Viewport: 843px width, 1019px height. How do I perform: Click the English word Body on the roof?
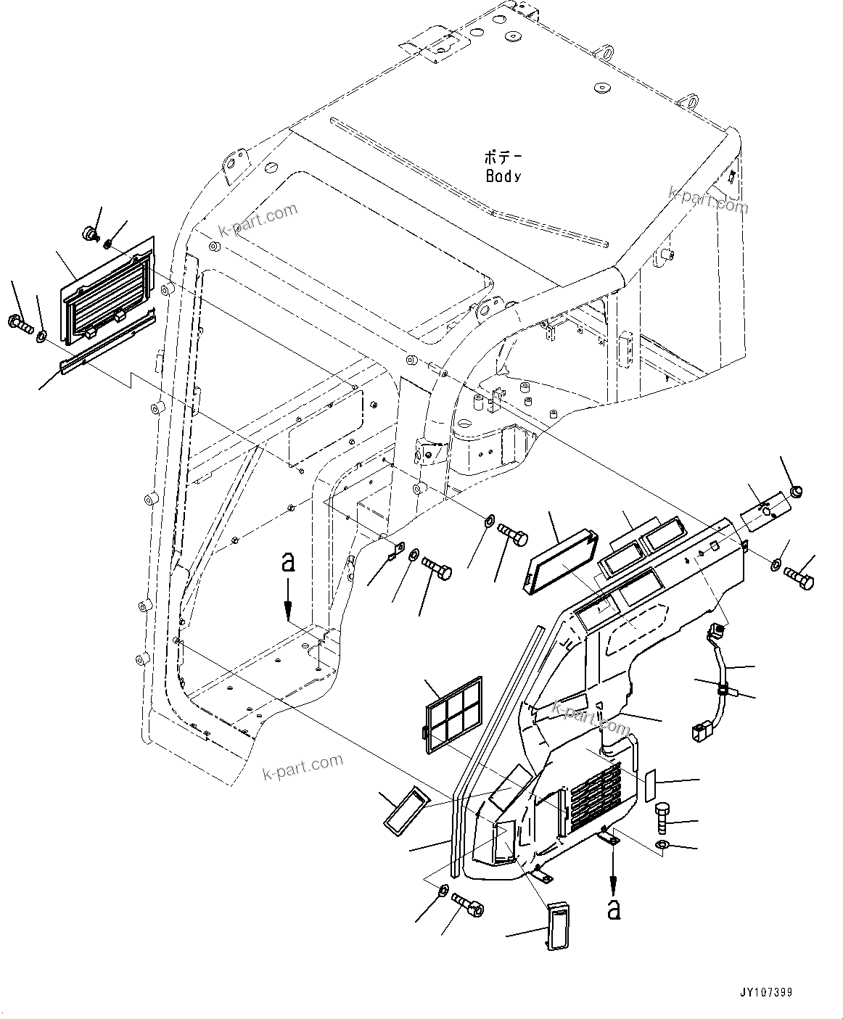point(503,176)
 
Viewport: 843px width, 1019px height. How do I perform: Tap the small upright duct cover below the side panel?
point(557,925)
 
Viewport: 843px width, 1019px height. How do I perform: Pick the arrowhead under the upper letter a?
point(288,612)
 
